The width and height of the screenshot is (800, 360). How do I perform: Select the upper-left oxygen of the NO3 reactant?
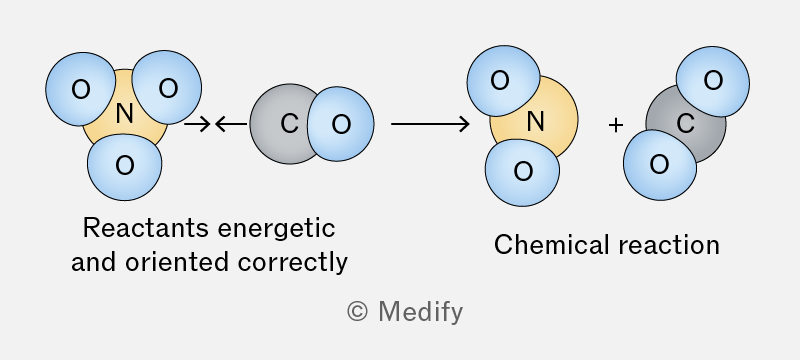pyautogui.click(x=80, y=89)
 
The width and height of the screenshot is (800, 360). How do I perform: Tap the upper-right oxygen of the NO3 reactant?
pyautogui.click(x=167, y=87)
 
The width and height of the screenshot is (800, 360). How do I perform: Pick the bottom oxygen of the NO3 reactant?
pyautogui.click(x=124, y=165)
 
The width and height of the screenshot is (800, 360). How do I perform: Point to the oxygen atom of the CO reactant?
pyautogui.click(x=341, y=124)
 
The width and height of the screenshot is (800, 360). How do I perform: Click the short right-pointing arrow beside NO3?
pyautogui.click(x=197, y=124)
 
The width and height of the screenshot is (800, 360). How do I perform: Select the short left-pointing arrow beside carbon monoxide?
pyautogui.click(x=231, y=124)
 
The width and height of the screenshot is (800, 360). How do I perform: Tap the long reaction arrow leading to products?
pyautogui.click(x=430, y=124)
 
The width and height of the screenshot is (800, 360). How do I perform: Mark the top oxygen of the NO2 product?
pyautogui.click(x=503, y=81)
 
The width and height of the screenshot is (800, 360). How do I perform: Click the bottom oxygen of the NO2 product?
pyautogui.click(x=522, y=172)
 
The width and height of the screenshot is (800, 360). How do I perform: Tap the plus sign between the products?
pyautogui.click(x=616, y=124)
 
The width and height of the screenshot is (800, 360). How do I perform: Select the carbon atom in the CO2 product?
pyautogui.click(x=686, y=124)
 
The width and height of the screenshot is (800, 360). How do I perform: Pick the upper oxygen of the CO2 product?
pyautogui.click(x=713, y=81)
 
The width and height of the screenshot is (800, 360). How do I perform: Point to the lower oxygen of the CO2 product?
pyautogui.click(x=660, y=165)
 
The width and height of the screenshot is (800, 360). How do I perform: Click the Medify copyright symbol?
pyautogui.click(x=357, y=311)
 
